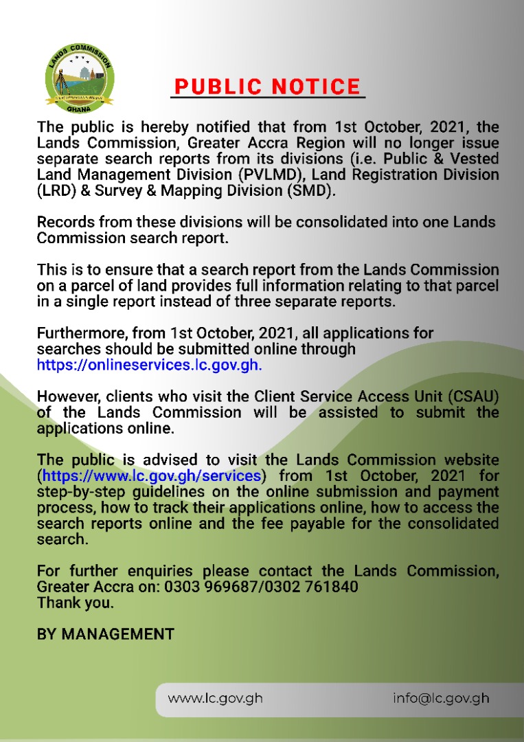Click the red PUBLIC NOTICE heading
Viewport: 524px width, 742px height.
pos(267,87)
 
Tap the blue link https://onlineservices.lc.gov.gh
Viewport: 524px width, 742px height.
pos(149,365)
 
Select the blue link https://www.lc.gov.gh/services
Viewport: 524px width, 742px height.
pos(151,475)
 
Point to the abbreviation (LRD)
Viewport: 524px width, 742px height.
pos(57,190)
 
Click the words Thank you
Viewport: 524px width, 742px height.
pos(76,603)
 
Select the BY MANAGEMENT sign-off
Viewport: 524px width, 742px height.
pos(106,633)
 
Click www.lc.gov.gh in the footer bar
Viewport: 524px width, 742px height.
pos(215,699)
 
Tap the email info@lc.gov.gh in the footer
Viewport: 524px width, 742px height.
pos(441,699)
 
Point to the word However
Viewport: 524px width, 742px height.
pos(67,396)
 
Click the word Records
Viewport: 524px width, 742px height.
pos(65,223)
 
